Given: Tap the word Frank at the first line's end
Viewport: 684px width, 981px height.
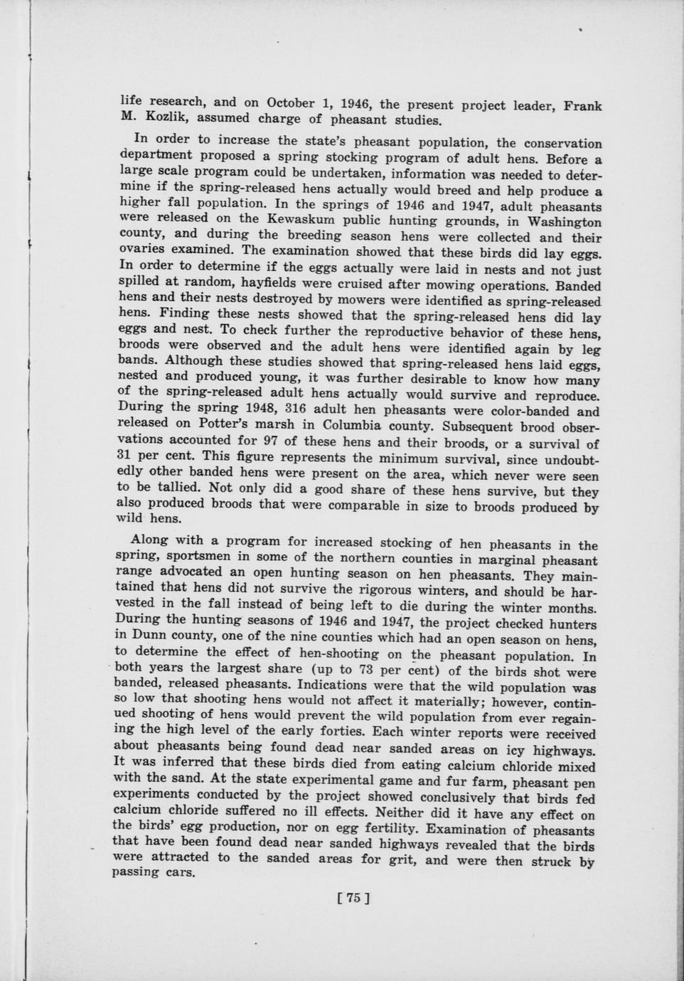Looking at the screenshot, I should click(x=583, y=106).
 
